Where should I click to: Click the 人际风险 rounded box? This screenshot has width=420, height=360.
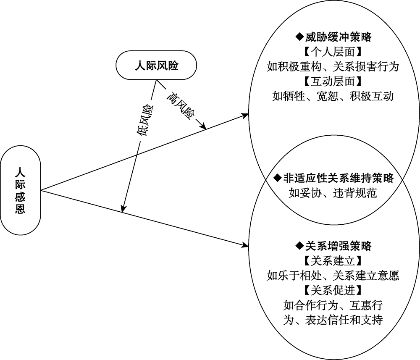[x=156, y=66]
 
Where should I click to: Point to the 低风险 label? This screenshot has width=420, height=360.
[x=143, y=121]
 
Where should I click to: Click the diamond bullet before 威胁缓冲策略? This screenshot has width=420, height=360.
[x=299, y=37]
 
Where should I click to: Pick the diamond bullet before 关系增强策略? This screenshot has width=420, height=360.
[x=299, y=246]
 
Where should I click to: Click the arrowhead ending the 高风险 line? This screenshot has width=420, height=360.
[x=203, y=126]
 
